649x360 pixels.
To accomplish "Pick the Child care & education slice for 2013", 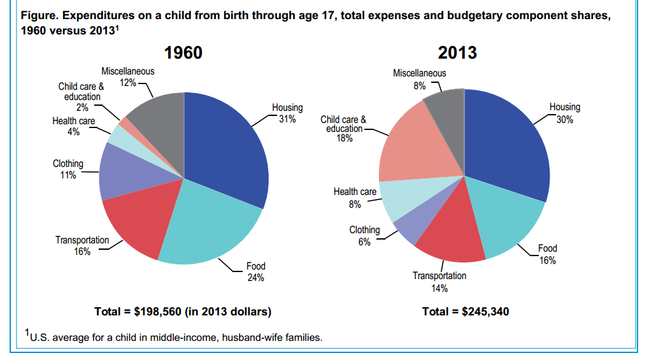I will point(414,147).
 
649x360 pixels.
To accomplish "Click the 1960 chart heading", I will point(183,52).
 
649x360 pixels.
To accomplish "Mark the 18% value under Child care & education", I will point(344,138).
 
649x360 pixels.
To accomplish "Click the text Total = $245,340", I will point(466,312).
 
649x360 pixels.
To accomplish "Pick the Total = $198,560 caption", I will point(183,312).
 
